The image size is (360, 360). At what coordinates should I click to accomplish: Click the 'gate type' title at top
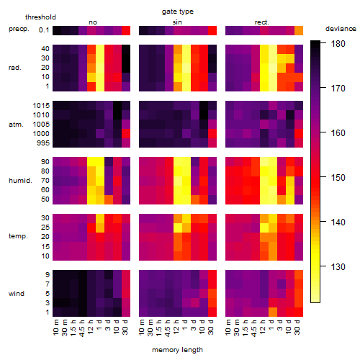tap(178, 12)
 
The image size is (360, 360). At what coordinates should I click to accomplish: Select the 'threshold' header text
tap(40, 17)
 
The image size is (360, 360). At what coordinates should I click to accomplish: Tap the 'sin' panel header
tap(177, 22)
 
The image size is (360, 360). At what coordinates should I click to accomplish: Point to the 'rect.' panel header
tap(261, 22)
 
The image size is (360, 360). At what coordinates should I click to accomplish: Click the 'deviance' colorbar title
tap(341, 29)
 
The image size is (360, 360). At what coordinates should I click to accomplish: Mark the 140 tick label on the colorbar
tap(338, 222)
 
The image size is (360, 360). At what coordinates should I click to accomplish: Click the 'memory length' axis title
tap(177, 350)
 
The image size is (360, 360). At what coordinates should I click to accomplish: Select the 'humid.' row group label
tap(20, 181)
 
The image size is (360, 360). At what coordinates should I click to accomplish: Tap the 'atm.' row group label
tap(16, 125)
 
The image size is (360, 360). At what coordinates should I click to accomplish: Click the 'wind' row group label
tap(17, 294)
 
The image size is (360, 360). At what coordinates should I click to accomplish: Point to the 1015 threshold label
tap(41, 106)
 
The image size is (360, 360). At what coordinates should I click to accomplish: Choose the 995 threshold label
tap(43, 143)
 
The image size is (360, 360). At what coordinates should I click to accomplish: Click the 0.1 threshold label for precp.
tap(44, 30)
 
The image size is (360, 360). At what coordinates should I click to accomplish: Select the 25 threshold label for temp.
tap(45, 227)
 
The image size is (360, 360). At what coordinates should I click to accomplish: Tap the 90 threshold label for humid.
tap(45, 161)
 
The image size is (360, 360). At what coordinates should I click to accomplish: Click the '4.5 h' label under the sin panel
tap(168, 328)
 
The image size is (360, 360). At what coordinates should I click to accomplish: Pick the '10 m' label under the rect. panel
tap(228, 327)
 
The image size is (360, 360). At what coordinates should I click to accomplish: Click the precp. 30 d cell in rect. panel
tap(299, 30)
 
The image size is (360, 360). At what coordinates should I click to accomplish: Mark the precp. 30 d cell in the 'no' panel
tap(126, 30)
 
